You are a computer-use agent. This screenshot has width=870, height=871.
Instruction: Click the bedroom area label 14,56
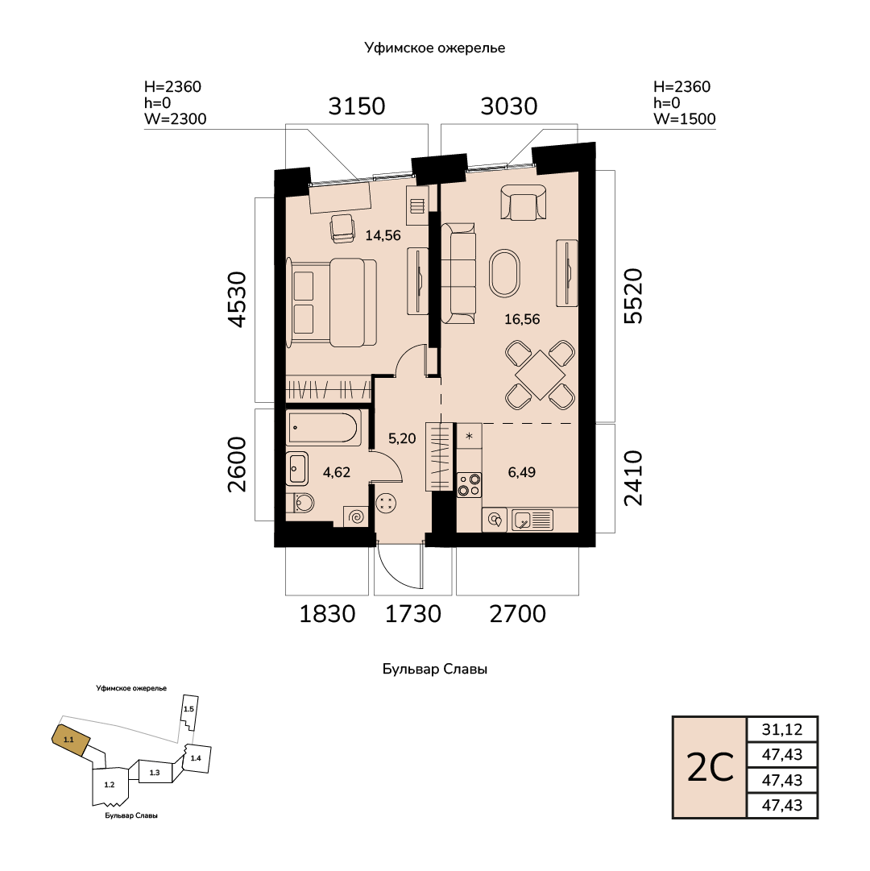[x=383, y=235]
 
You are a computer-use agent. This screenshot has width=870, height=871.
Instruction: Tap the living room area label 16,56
[x=522, y=319]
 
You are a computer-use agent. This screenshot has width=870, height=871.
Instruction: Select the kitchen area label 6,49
[x=521, y=472]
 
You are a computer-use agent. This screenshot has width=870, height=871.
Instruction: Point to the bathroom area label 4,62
[x=337, y=472]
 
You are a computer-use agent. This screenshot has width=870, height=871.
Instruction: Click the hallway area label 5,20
[x=402, y=438]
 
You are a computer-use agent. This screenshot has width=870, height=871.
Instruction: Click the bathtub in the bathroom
[x=324, y=427]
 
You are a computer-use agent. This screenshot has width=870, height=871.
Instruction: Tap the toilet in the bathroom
[x=302, y=503]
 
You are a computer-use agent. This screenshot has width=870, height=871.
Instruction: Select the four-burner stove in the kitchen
[x=469, y=484]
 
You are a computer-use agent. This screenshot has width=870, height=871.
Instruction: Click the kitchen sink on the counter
[x=532, y=521]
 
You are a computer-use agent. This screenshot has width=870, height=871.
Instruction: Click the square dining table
[x=540, y=375]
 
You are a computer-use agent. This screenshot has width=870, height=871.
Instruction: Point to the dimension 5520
[x=633, y=296]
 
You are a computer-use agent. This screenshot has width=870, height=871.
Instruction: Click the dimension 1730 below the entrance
[x=413, y=614]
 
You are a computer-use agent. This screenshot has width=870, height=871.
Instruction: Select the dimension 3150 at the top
[x=356, y=106]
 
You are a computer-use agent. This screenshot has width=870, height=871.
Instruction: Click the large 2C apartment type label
[x=710, y=768]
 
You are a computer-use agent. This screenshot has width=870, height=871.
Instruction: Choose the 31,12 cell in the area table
[x=781, y=729]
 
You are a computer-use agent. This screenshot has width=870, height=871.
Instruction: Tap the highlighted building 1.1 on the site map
[x=71, y=740]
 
